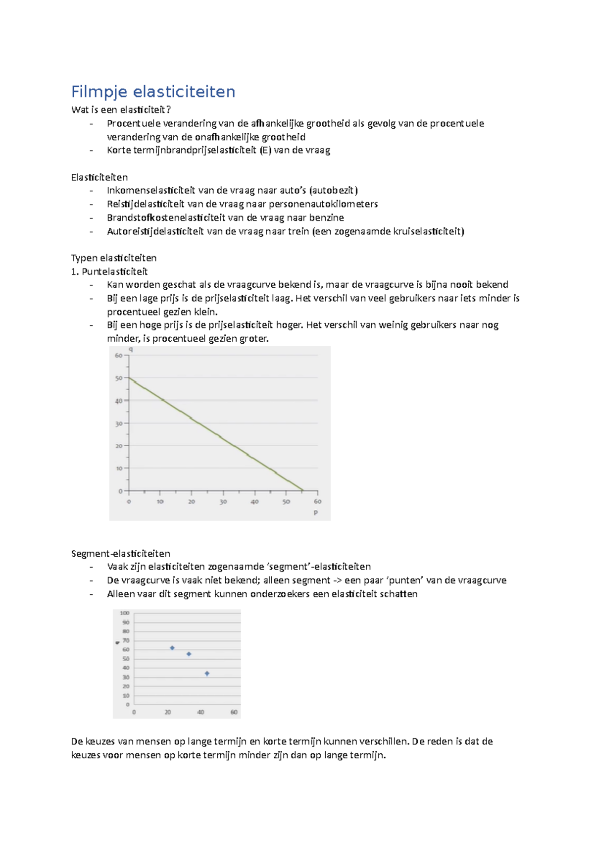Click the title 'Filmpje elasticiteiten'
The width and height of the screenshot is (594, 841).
[x=153, y=92]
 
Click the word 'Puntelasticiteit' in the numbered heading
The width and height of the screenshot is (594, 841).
[x=114, y=271]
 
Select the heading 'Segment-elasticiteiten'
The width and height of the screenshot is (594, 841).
[x=120, y=553]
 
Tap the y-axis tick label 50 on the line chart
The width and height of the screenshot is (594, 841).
[x=119, y=378]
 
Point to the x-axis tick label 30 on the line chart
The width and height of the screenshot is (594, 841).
[x=223, y=502]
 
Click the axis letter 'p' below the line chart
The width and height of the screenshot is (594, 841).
[x=316, y=512]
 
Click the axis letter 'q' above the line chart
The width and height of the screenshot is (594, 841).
[x=131, y=349]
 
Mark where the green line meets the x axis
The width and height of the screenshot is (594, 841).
[x=303, y=491]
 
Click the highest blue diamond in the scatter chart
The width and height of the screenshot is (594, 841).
[x=172, y=648]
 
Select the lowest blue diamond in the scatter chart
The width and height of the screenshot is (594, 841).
[x=207, y=674]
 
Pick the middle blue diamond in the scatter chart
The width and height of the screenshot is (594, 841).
[x=189, y=654]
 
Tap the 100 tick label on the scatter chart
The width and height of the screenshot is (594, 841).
[x=125, y=613]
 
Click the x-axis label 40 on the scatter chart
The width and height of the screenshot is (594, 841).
[x=200, y=712]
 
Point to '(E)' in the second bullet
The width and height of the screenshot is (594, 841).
[x=265, y=150]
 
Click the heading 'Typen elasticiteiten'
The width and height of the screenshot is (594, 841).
[x=114, y=258]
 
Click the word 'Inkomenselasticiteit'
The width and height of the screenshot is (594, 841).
[x=151, y=190]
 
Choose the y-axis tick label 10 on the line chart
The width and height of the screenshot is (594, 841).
[x=119, y=468]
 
